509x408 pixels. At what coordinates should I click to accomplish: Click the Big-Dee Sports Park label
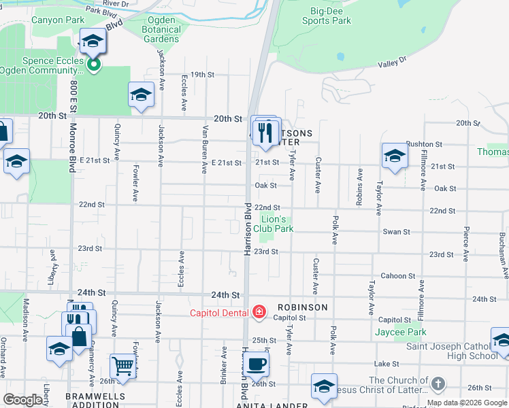click(327, 16)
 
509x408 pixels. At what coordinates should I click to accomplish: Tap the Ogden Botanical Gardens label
click(162, 30)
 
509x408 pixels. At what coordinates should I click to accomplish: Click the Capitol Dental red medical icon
click(259, 312)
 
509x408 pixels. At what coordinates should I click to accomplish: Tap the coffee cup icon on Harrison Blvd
click(257, 364)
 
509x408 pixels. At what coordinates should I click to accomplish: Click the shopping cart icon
click(122, 367)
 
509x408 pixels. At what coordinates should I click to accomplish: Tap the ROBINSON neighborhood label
click(301, 307)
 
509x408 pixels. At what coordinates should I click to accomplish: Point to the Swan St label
click(396, 232)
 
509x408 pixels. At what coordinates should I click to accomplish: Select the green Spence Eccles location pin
click(93, 65)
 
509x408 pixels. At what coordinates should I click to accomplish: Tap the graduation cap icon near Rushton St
click(395, 156)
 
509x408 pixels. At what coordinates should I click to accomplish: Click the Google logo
click(22, 401)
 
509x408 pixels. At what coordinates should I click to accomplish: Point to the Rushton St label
click(424, 145)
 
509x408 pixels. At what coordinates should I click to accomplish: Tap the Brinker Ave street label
click(224, 366)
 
